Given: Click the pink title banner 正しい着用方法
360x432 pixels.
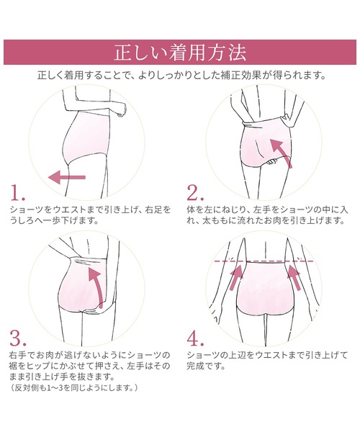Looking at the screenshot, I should pos(180,53).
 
